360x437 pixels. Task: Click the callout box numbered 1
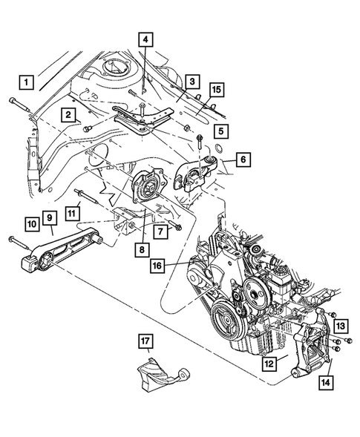pos(27,81)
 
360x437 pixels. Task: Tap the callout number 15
pos(215,89)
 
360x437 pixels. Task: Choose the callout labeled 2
pos(68,115)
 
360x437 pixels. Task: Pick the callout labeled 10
pos(31,223)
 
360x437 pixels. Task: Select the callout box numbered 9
pos(49,217)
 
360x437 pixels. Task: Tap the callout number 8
pos(143,250)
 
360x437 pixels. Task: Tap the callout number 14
pos(325,384)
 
